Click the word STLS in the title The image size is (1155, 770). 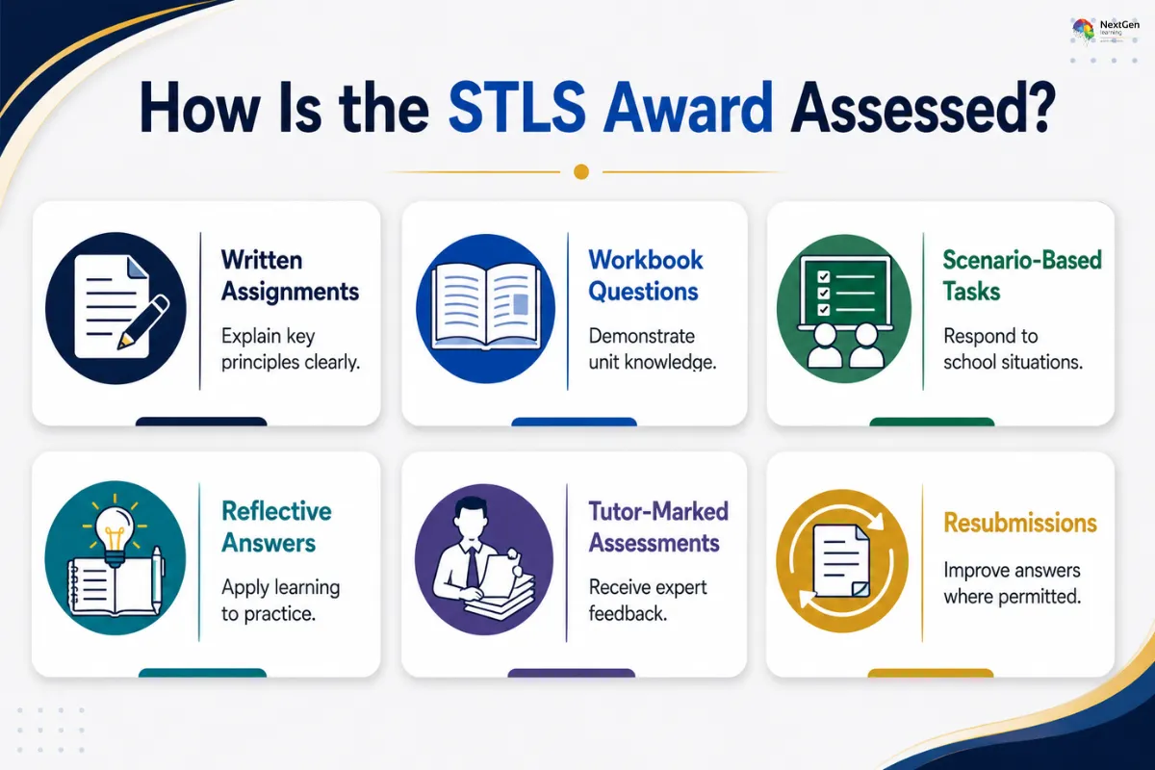(517, 107)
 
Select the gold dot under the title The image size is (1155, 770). (581, 171)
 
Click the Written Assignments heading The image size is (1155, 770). (290, 275)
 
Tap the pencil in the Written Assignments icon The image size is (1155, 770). (143, 321)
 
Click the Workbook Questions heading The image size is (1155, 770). (646, 275)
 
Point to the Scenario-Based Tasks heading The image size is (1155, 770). (1022, 275)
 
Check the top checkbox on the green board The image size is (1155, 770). (824, 277)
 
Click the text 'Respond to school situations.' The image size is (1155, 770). (1013, 349)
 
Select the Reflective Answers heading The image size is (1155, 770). (276, 527)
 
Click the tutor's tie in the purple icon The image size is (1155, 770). (473, 567)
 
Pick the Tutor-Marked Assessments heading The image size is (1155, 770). (658, 527)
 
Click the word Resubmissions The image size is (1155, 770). (1020, 523)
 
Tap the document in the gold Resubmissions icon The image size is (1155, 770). (841, 560)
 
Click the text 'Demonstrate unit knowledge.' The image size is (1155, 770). (653, 349)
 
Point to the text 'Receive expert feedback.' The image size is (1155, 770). (648, 601)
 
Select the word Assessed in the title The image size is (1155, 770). (923, 107)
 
